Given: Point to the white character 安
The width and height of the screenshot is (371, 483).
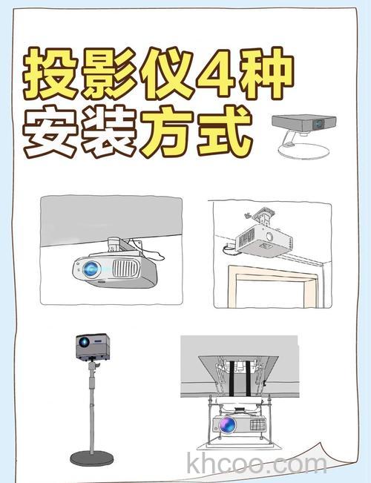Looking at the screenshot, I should [x=50, y=134].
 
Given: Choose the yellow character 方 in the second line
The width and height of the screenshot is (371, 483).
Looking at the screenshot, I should [x=164, y=134].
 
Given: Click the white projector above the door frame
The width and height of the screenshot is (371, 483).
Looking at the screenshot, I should [x=263, y=242].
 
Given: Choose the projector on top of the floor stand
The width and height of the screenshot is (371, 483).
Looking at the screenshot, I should [x=91, y=346].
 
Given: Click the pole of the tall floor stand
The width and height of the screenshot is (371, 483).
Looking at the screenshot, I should [x=91, y=408].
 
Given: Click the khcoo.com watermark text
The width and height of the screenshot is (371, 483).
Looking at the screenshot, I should [x=257, y=464].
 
